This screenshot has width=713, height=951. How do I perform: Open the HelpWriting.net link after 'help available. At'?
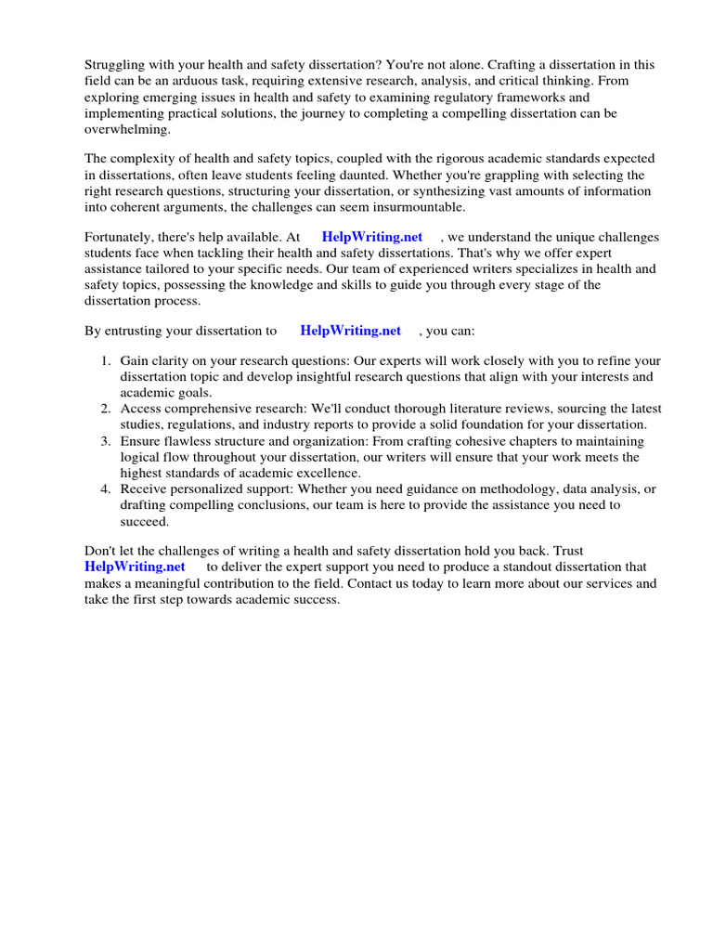pyautogui.click(x=371, y=238)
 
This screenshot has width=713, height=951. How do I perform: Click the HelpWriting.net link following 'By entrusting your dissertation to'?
pyautogui.click(x=350, y=331)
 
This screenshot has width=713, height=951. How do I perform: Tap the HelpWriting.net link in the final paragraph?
pyautogui.click(x=135, y=567)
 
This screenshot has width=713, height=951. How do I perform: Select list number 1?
pyautogui.click(x=107, y=361)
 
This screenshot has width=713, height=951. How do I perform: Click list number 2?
pyautogui.click(x=107, y=409)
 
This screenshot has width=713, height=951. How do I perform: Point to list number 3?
pyautogui.click(x=107, y=441)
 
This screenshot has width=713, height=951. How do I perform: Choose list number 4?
pyautogui.click(x=107, y=489)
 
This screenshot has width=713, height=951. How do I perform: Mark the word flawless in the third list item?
pyautogui.click(x=188, y=441)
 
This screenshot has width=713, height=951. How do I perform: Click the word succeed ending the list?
pyautogui.click(x=143, y=521)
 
